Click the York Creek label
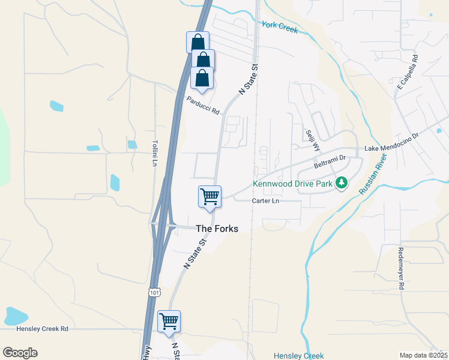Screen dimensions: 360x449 coord(280,27)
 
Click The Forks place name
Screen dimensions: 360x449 coord(217,229)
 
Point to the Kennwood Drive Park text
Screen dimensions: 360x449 coord(292,184)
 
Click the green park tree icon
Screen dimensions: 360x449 coord(342,182)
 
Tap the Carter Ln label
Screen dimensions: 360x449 coord(265,200)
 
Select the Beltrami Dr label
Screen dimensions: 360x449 coord(331,161)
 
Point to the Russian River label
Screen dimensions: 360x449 coord(372,173)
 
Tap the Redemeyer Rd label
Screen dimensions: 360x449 coord(400,268)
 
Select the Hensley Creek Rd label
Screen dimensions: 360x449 coord(43,329)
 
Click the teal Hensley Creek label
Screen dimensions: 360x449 coord(298,356)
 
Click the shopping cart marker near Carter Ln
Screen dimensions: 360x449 coord(209,196)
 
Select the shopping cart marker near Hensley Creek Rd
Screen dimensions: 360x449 coord(169,321)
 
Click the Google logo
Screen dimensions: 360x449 coord(20,353)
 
